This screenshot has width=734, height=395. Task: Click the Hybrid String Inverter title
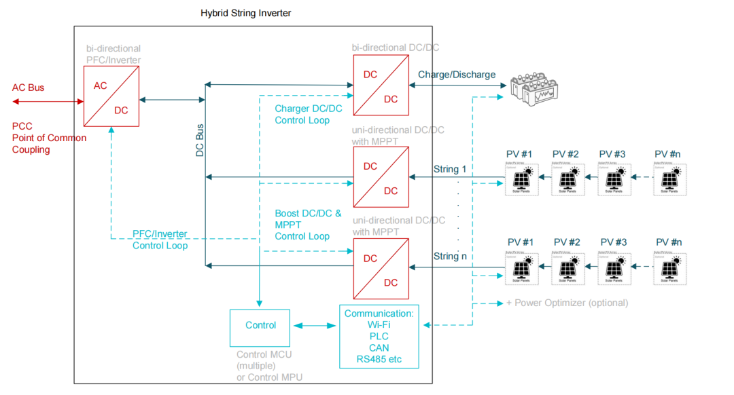[245, 13]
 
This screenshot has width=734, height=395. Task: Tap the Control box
[260, 325]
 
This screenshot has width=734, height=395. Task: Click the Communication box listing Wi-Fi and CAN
[379, 336]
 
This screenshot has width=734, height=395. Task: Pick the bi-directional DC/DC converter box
[380, 85]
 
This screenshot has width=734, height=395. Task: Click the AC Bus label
[28, 88]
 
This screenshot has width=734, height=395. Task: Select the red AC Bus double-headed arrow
[47, 101]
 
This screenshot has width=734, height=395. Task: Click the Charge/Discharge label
[457, 75]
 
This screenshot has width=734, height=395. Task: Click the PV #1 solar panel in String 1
[521, 179]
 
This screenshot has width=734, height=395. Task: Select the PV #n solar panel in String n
[669, 267]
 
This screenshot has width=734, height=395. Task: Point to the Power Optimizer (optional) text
[567, 303]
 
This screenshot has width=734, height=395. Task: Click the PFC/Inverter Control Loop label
[160, 240]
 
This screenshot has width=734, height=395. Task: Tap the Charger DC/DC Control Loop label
[308, 114]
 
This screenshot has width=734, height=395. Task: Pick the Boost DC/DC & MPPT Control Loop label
[308, 225]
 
